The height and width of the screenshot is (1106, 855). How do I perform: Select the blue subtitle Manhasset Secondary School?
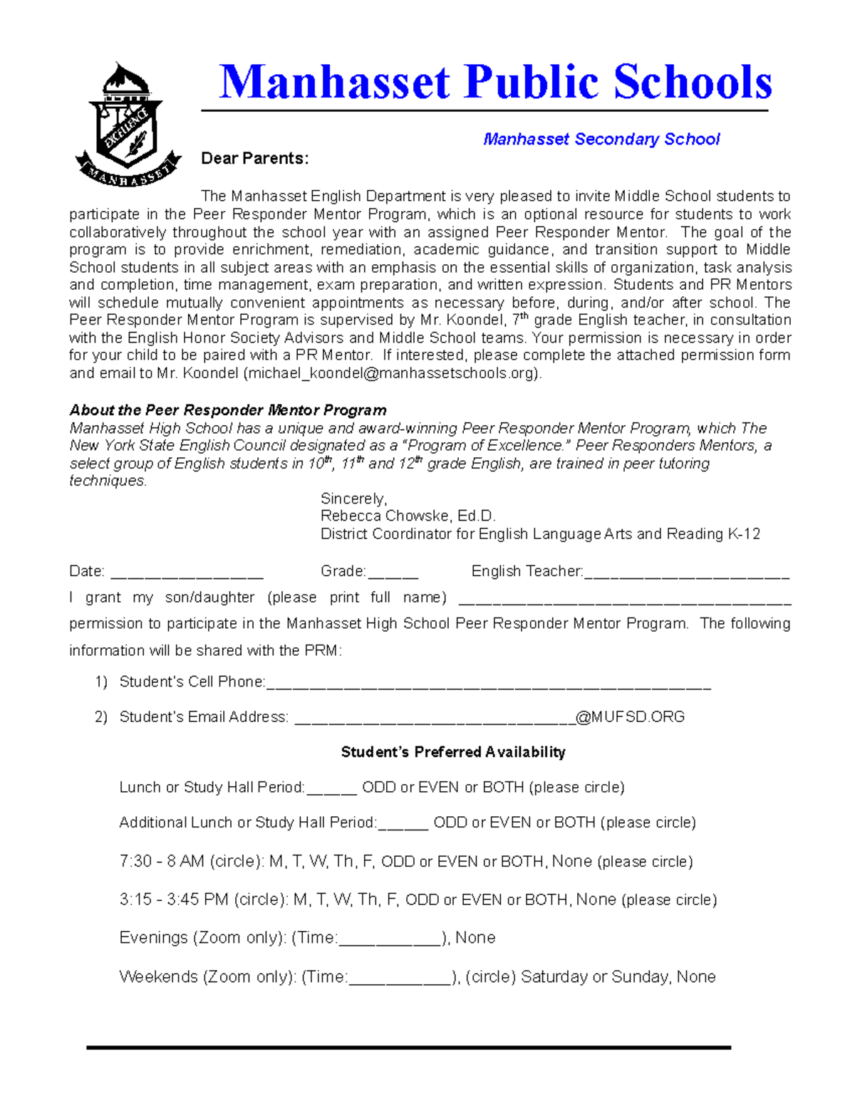click(601, 139)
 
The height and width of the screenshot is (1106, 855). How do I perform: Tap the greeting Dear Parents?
click(254, 158)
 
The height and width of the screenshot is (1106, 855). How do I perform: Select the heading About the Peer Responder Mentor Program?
click(227, 410)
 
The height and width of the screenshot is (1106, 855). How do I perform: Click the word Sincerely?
click(353, 499)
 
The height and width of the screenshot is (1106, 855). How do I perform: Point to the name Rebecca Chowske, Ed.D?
click(408, 516)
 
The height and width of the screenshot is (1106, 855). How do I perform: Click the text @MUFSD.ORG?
click(630, 717)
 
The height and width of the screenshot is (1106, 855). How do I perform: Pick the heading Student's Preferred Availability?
click(453, 752)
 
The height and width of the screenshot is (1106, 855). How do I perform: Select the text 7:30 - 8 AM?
click(162, 862)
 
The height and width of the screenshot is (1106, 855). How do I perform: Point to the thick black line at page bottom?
click(408, 1048)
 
